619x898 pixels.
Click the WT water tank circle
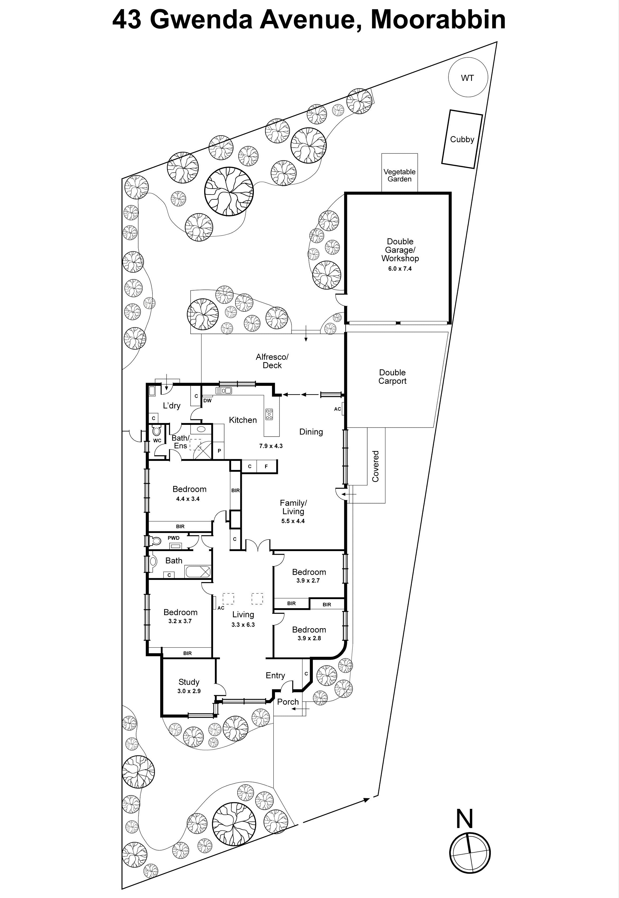(467, 78)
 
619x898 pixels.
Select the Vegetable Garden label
(400, 175)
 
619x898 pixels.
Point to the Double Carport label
(392, 377)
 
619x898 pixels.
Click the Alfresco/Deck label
(272, 361)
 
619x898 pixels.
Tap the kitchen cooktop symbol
(269, 414)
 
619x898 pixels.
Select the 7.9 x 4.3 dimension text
(271, 446)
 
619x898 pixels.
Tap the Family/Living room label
(293, 507)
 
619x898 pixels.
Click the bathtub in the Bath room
(198, 572)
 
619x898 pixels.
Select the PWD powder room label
(173, 538)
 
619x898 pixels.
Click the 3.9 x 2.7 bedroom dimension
(308, 580)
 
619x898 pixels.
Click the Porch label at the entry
(288, 702)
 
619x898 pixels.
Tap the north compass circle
(470, 853)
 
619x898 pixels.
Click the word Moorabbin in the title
(438, 20)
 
